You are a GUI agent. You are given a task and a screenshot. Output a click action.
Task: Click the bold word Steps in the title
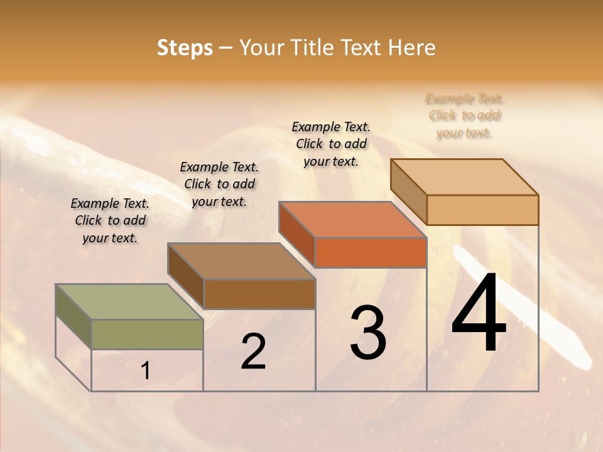point(184,48)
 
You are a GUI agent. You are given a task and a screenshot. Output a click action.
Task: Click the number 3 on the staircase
point(368,333)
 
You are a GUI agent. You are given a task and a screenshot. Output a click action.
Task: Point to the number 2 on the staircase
point(253,352)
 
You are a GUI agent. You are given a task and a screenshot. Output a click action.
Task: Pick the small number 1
point(146,371)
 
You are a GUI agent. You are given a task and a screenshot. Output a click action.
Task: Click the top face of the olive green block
point(129,301)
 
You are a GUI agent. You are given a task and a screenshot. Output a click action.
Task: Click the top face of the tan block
point(464,176)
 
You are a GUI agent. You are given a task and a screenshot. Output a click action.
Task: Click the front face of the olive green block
point(147,334)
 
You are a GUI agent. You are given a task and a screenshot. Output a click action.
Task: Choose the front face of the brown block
point(259,294)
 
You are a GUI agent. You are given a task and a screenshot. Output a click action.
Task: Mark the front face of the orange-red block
point(371,252)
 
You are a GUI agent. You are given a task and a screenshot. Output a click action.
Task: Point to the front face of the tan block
point(482,210)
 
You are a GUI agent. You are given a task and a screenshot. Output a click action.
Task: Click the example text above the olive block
point(110,220)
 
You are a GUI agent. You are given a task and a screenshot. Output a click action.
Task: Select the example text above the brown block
point(219,184)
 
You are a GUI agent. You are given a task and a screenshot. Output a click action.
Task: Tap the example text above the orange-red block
point(331,144)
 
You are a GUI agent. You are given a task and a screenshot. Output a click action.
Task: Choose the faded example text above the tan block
point(464,116)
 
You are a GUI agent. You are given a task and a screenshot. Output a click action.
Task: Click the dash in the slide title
point(226,48)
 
